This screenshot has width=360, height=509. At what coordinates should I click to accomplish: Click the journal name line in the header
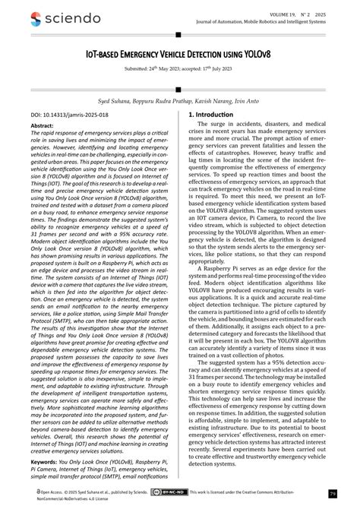click(271, 21)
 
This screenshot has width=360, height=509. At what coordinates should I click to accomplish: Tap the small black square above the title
click(178, 36)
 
